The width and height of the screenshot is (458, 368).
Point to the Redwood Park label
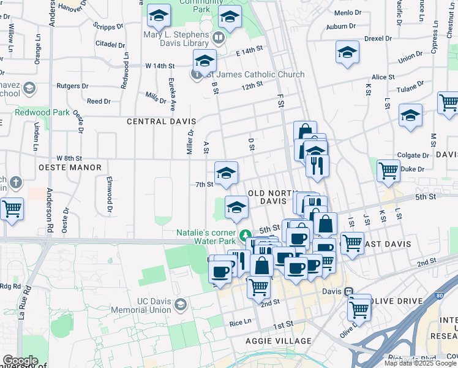[x=42, y=112]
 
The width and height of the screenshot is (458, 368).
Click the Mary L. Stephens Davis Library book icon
[x=219, y=38]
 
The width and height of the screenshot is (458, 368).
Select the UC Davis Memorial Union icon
[x=181, y=304]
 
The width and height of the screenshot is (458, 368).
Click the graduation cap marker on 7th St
[x=226, y=173]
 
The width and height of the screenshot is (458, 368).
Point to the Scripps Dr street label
[x=108, y=26]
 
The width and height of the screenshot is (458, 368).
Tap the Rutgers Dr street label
[x=69, y=86]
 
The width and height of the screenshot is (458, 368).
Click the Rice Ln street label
[x=241, y=322]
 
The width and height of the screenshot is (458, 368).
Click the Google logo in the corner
[x=20, y=361]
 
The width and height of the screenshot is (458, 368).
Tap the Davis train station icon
[x=348, y=292]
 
